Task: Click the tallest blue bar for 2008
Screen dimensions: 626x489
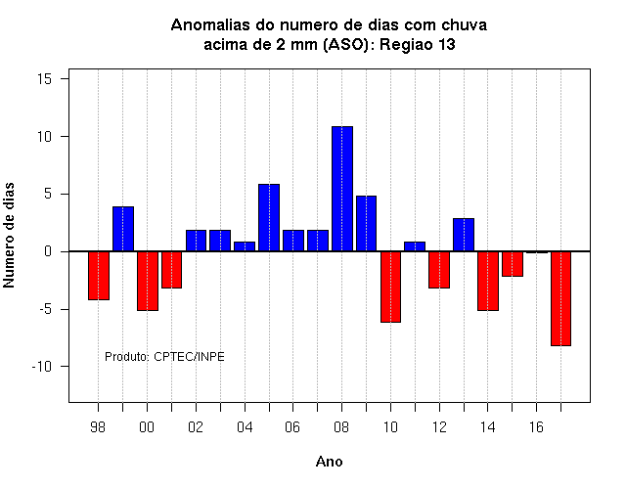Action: (x=342, y=189)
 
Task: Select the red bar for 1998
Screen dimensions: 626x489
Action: (x=99, y=276)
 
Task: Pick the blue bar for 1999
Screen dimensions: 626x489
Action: (x=123, y=229)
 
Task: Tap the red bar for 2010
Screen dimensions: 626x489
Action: (x=390, y=287)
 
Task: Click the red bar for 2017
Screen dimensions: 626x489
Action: (x=560, y=298)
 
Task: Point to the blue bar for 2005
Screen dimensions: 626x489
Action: (x=269, y=217)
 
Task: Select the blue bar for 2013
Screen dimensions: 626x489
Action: (x=464, y=235)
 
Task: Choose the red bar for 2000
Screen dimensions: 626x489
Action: (x=148, y=281)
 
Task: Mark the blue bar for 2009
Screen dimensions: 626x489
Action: (x=366, y=224)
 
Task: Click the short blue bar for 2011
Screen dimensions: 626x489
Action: (x=415, y=246)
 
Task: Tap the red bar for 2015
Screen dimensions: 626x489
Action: (x=513, y=264)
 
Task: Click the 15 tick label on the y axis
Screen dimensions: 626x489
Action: (x=45, y=79)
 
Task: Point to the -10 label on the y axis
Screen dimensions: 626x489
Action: (x=42, y=367)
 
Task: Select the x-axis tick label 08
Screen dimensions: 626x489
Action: (x=341, y=427)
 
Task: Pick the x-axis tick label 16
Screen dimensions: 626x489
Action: (x=536, y=427)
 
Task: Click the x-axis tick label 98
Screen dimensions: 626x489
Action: (x=98, y=427)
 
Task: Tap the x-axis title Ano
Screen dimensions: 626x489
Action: (x=329, y=462)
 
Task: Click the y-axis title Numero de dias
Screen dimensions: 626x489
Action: (x=9, y=235)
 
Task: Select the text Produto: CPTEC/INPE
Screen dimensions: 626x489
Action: (x=164, y=356)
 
